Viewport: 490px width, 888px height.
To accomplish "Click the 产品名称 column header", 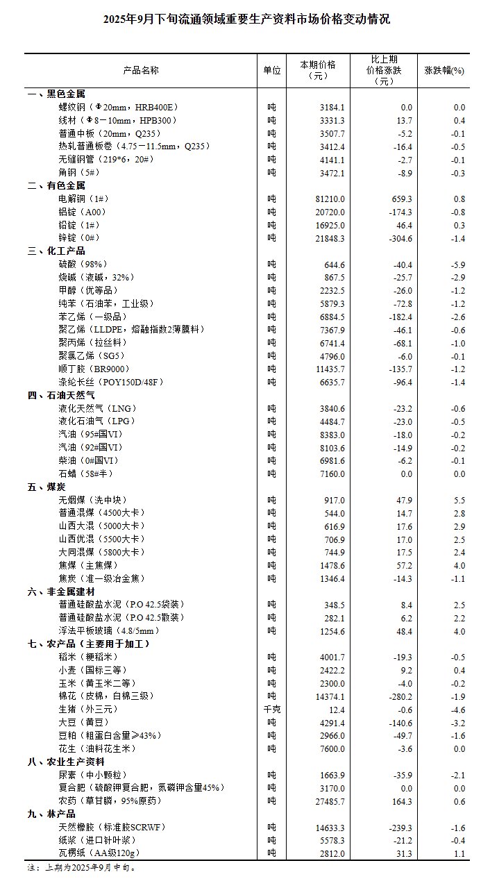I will click(141, 71).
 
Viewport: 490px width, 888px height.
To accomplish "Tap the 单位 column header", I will click(272, 71).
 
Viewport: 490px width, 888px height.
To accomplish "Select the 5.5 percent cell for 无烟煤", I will click(459, 500).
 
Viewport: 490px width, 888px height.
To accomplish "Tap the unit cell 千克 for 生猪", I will click(272, 710).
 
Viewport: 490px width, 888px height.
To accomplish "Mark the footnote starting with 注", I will click(81, 867).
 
